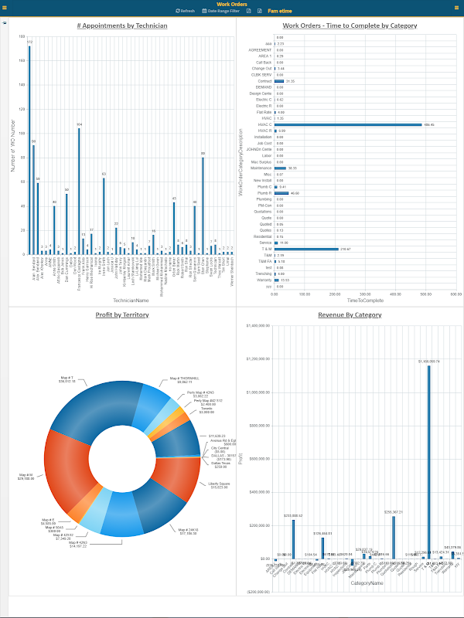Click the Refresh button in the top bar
185,11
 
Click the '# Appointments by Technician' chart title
122,25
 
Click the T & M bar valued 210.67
306,249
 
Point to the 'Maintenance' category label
261,168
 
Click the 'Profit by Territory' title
122,314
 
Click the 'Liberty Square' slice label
220,484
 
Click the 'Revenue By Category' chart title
350,314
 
